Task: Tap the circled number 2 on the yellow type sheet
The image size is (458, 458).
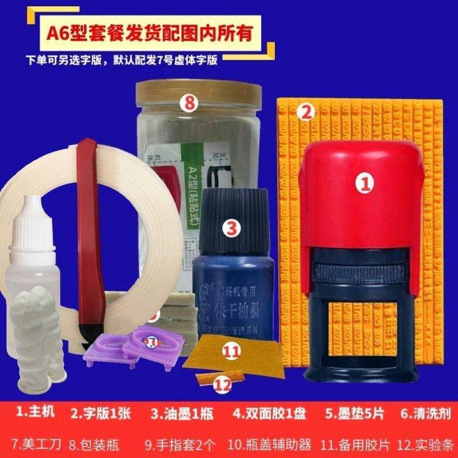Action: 306,112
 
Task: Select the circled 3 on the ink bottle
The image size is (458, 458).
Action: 231,229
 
